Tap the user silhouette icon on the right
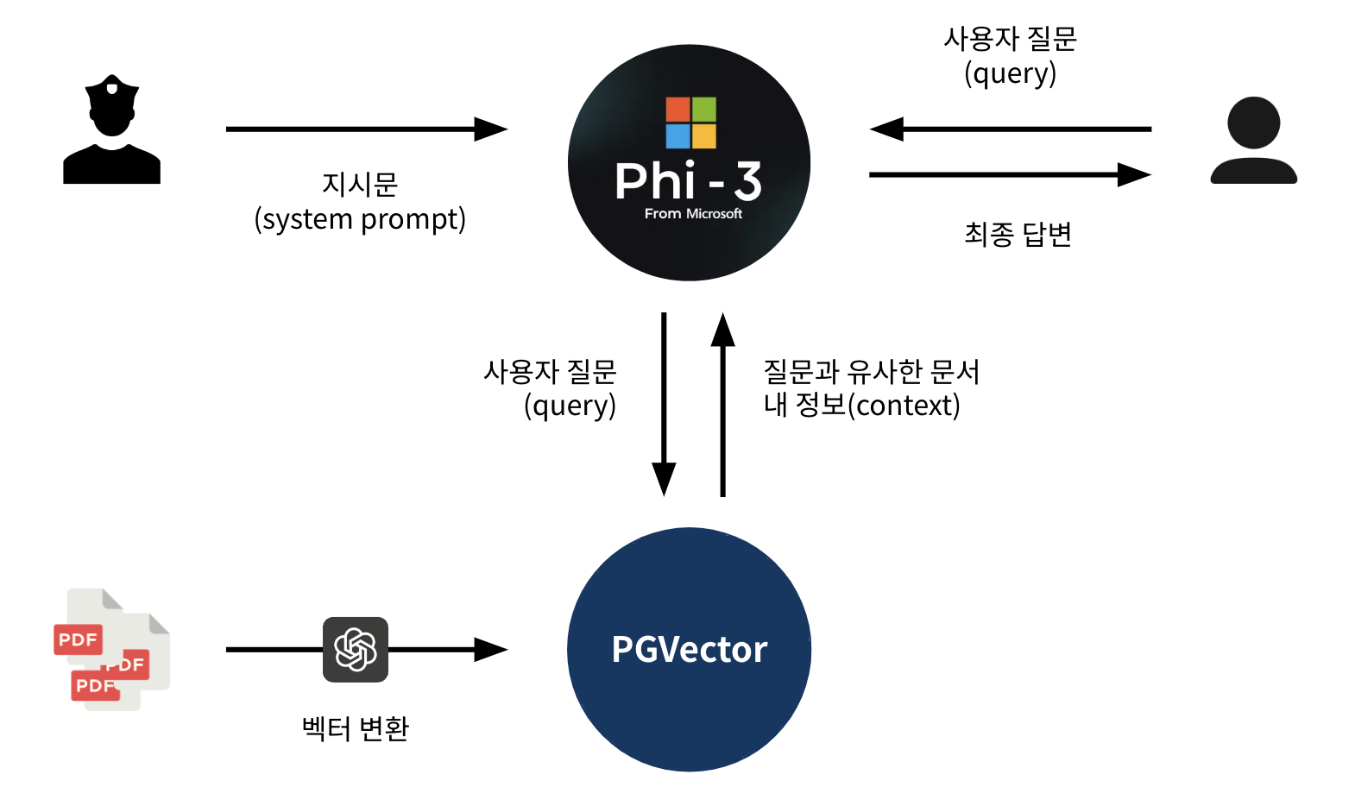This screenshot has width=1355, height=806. click(x=1253, y=141)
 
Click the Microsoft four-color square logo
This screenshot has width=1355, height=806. click(x=690, y=123)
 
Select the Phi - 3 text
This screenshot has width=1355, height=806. click(x=688, y=181)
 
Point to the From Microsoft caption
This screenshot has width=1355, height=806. click(x=693, y=214)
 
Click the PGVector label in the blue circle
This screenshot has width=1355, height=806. click(x=689, y=650)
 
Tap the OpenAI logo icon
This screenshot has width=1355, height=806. click(x=356, y=650)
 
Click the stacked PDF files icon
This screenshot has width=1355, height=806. click(x=111, y=650)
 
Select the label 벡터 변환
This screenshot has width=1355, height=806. click(x=356, y=729)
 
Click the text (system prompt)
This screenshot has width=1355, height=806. click(x=360, y=219)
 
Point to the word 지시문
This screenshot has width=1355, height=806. click(x=360, y=184)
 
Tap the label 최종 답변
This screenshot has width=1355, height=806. click(x=1018, y=234)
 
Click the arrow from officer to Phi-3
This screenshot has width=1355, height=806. click(x=366, y=129)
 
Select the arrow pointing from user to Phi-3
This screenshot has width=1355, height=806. click(x=1010, y=129)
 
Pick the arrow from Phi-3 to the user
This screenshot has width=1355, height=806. click(x=1010, y=175)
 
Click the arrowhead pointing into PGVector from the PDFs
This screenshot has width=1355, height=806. click(x=490, y=650)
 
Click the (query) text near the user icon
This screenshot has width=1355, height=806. click(x=1011, y=73)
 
